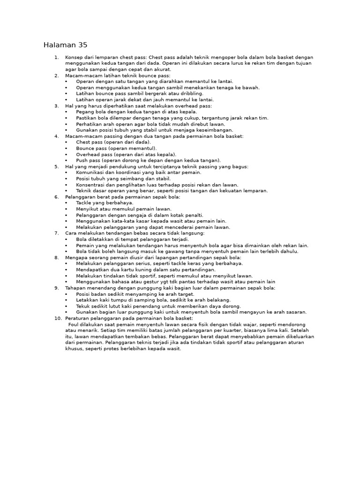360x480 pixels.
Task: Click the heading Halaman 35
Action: [x=65, y=45]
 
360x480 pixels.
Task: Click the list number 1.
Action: [x=56, y=57]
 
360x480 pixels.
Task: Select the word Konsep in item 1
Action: [x=74, y=57]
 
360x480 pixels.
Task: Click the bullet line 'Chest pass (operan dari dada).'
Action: [x=113, y=142]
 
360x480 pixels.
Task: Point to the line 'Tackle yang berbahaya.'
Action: [x=105, y=203]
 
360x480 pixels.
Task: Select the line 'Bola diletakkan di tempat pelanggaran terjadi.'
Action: [x=132, y=239]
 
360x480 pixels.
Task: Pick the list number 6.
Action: [x=56, y=197]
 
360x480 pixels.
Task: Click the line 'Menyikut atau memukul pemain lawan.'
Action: [x=124, y=209]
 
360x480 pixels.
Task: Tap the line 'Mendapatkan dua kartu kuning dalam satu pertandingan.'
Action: [x=146, y=270]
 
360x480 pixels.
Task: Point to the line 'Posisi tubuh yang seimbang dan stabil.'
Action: [x=123, y=179]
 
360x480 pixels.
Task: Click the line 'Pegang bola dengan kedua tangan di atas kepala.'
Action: [x=136, y=112]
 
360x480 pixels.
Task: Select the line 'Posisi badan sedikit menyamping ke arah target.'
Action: [x=135, y=294]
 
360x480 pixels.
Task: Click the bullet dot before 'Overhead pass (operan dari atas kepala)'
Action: [x=66, y=154]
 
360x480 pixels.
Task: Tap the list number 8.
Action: [x=56, y=257]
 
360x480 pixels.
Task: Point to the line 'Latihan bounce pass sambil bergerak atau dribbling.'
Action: [x=140, y=93]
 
